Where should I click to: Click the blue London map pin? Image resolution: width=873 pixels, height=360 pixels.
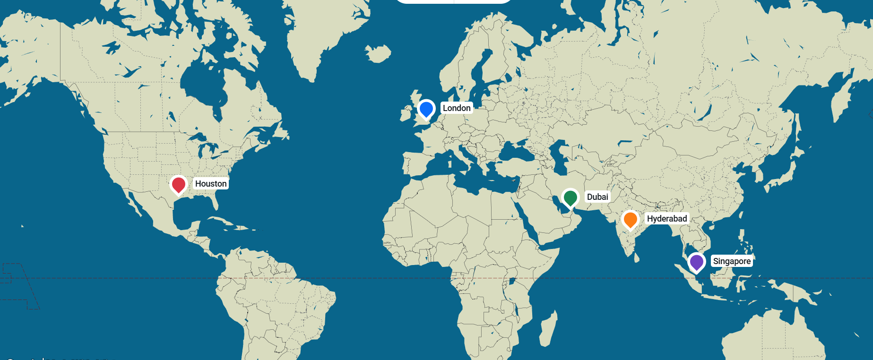426,109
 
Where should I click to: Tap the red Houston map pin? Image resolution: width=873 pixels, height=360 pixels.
179,185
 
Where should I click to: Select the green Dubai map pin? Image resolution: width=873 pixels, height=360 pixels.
570,197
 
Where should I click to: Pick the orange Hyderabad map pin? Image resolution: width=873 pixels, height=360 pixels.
630,220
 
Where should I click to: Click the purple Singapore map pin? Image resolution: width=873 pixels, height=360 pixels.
696,262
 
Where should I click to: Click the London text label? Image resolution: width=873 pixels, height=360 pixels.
457,108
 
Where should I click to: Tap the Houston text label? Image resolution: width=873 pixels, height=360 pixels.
211,184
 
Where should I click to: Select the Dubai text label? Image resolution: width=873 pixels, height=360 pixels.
597,197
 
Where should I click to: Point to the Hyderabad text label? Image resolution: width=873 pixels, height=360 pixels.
667,219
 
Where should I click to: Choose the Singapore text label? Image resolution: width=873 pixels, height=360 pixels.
732,261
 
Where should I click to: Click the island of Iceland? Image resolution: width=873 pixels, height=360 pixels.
378,53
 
